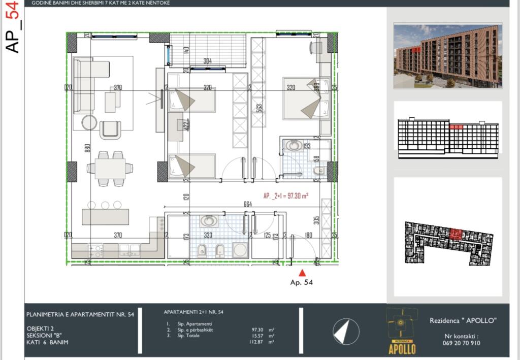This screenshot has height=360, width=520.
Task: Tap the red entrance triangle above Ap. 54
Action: [303, 273]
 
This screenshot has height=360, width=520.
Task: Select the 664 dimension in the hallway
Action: [248, 204]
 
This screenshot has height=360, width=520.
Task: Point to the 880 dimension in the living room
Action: [87, 148]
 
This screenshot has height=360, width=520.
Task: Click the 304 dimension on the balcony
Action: [207, 61]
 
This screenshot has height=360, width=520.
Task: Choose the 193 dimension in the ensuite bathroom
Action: [306, 146]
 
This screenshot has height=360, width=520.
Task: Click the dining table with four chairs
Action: [110, 168]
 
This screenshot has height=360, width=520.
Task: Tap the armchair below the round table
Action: [110, 129]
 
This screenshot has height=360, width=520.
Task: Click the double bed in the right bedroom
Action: [306, 99]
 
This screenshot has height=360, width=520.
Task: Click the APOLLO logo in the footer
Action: [402, 331]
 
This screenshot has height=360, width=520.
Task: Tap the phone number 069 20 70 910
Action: [461, 343]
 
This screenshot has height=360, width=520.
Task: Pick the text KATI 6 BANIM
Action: [48, 342]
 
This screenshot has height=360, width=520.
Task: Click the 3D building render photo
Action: [447, 55]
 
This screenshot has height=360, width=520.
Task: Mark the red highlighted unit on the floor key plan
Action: [456, 234]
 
